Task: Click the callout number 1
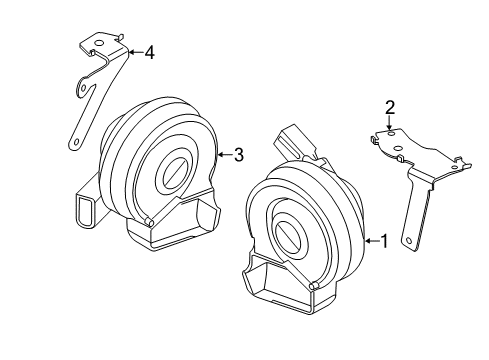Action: (384, 241)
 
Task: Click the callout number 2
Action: (390, 107)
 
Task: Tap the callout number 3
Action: (239, 155)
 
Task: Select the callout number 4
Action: (150, 52)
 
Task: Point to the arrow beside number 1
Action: (372, 240)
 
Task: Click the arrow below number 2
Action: (389, 122)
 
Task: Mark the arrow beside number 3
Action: (225, 154)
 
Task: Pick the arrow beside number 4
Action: (136, 52)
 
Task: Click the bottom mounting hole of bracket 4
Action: (77, 142)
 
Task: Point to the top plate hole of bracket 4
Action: (99, 43)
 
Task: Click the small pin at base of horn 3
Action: (148, 221)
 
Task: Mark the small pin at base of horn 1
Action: (313, 286)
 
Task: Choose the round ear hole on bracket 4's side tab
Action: (84, 88)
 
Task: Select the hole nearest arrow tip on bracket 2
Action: (391, 133)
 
